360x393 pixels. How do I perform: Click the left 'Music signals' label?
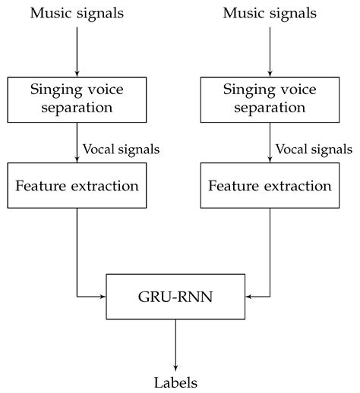[78, 13]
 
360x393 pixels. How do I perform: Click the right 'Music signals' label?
[270, 13]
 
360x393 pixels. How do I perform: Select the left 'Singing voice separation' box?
[77, 98]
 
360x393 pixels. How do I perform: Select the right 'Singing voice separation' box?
[270, 98]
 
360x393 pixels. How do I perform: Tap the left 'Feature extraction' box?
[77, 185]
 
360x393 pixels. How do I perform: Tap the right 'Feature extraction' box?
[270, 185]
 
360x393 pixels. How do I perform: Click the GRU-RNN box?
[175, 295]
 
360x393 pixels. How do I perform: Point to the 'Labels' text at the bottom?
[175, 382]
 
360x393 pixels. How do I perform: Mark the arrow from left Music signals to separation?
[77, 49]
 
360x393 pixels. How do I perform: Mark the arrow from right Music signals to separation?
[270, 49]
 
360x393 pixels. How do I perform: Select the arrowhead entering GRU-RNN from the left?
[102, 295]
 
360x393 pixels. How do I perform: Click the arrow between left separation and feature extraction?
[77, 142]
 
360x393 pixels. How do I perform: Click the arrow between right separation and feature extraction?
[270, 142]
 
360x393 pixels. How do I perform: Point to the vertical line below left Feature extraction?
[77, 250]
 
